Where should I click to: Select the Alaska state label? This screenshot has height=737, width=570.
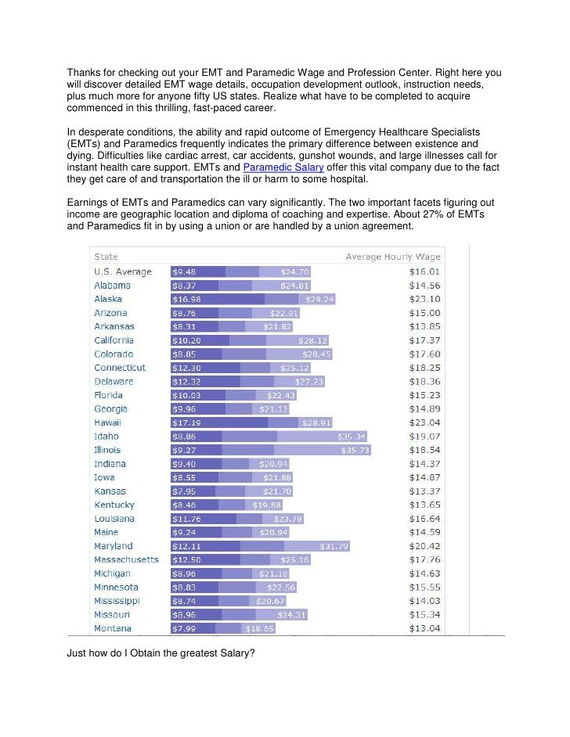pyautogui.click(x=108, y=299)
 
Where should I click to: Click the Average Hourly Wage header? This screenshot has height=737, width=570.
pyautogui.click(x=393, y=257)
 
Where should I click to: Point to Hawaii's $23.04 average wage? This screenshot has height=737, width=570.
pyautogui.click(x=424, y=422)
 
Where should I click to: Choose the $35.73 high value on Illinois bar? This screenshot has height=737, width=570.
pyautogui.click(x=355, y=450)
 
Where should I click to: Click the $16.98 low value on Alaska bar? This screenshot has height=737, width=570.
pyautogui.click(x=186, y=299)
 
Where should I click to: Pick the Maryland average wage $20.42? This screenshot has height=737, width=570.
pyautogui.click(x=424, y=546)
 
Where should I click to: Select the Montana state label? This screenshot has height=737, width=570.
pyautogui.click(x=113, y=628)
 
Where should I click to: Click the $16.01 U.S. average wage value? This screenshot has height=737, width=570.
pyautogui.click(x=424, y=271)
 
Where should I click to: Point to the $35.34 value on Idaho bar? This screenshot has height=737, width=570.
pyautogui.click(x=352, y=437)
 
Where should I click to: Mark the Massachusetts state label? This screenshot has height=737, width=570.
pyautogui.click(x=126, y=559)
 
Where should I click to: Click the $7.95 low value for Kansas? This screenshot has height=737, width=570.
pyautogui.click(x=184, y=491)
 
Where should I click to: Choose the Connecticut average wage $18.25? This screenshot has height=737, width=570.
pyautogui.click(x=424, y=368)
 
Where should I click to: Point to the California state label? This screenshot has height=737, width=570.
pyautogui.click(x=114, y=340)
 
